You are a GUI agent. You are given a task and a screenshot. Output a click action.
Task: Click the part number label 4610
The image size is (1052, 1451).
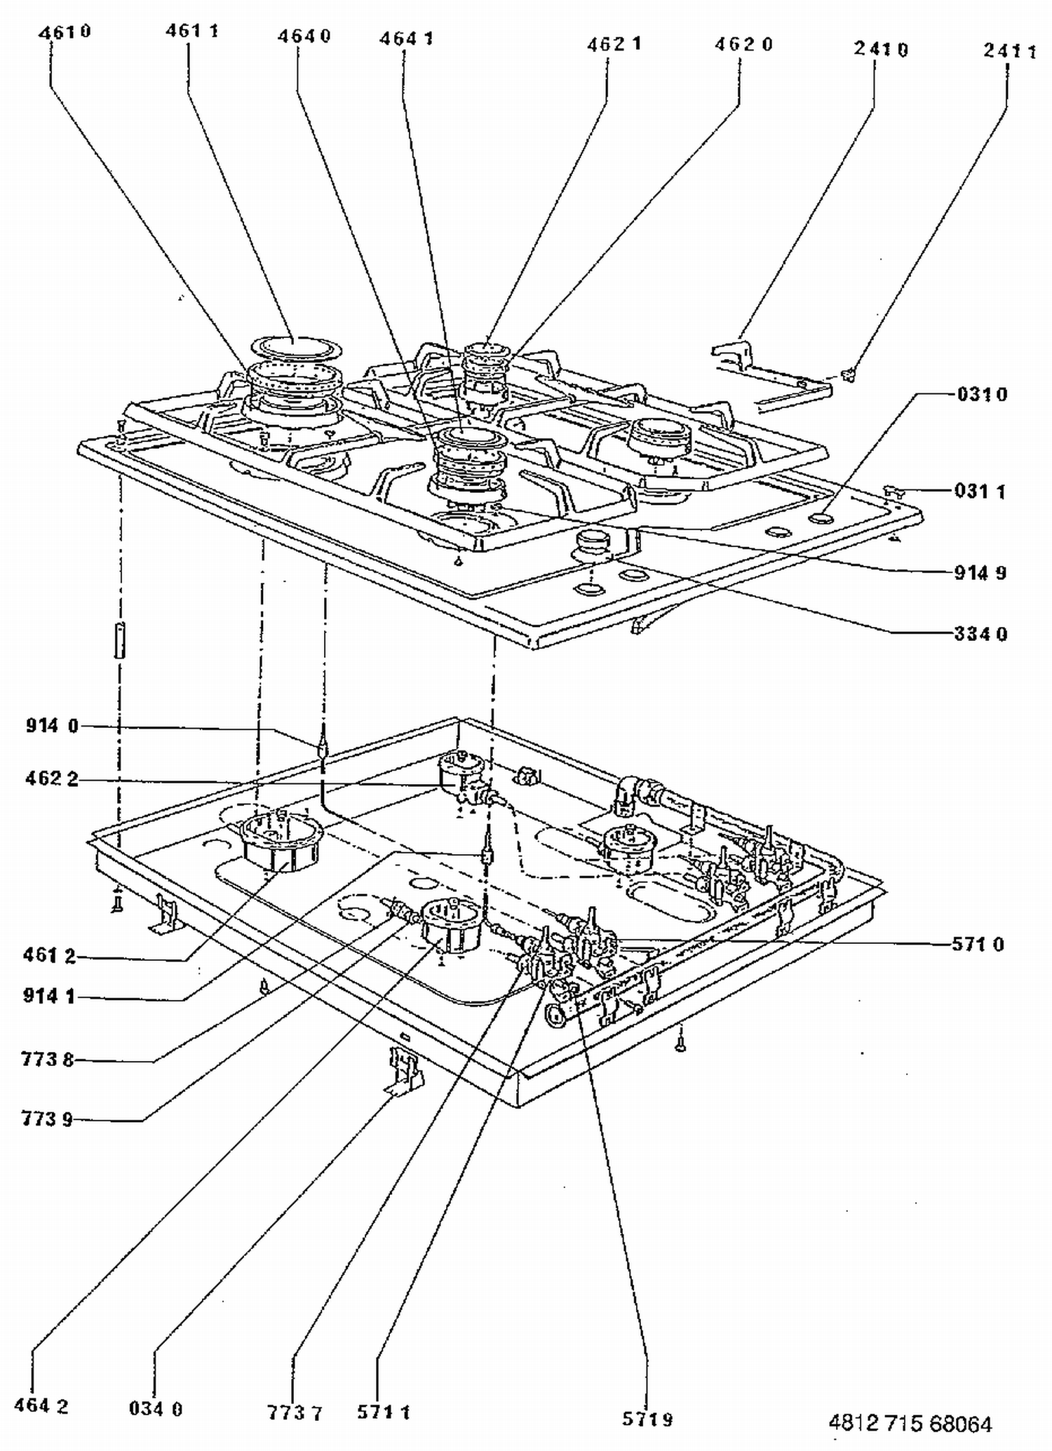pyautogui.click(x=65, y=32)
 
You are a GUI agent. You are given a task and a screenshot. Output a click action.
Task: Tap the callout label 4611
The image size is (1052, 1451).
pyautogui.click(x=192, y=31)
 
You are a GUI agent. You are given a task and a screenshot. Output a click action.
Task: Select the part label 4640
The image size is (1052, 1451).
pyautogui.click(x=304, y=36)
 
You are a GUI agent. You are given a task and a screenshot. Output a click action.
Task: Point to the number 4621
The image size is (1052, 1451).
pyautogui.click(x=614, y=44)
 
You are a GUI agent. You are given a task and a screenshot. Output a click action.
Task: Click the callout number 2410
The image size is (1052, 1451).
pyautogui.click(x=881, y=49)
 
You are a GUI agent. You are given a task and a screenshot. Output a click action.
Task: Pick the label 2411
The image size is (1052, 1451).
pyautogui.click(x=1010, y=51)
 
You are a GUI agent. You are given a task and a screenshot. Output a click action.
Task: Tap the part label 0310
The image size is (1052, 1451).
pyautogui.click(x=982, y=394)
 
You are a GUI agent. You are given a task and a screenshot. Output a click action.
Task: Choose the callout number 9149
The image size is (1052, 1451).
pyautogui.click(x=980, y=573)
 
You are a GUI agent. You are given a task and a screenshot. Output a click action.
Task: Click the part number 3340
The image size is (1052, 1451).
pyautogui.click(x=980, y=634)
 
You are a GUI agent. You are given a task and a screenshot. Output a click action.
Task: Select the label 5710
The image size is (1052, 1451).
pyautogui.click(x=978, y=945)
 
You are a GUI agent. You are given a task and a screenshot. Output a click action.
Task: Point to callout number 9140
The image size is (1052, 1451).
pyautogui.click(x=53, y=726)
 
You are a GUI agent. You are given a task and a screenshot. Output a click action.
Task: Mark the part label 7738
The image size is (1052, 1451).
pyautogui.click(x=47, y=1059)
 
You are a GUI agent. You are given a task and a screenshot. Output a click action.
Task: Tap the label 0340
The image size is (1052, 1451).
pyautogui.click(x=156, y=1408)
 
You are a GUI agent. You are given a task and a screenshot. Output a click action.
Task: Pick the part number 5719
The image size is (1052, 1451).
pyautogui.click(x=647, y=1419)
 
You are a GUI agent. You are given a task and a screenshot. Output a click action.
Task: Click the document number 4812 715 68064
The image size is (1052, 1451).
pyautogui.click(x=910, y=1424)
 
